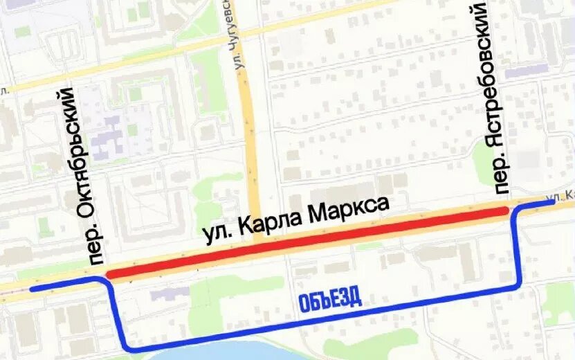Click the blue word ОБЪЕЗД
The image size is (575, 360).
coord(331,301)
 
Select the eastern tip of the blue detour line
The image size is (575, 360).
coord(554,202)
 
